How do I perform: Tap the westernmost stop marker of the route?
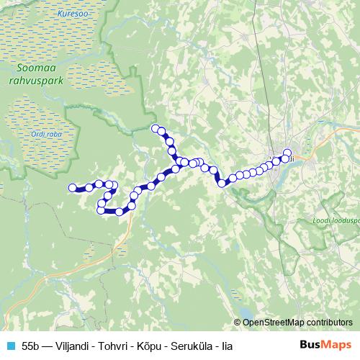(72, 188)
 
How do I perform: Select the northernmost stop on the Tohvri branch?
(155, 128)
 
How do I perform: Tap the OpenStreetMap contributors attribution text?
(299, 323)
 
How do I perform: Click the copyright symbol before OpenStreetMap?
(238, 323)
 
